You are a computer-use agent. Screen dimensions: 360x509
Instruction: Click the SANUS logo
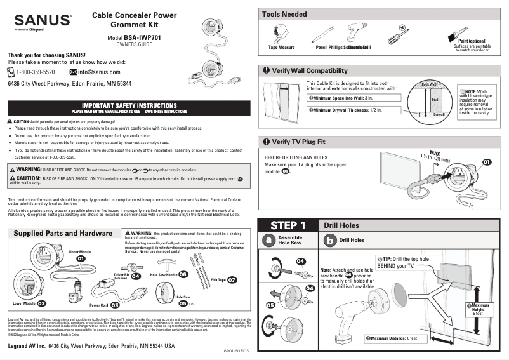(x=39, y=20)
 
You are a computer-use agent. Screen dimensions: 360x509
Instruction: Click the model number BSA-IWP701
(x=142, y=38)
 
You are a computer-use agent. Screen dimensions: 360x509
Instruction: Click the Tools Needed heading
(x=284, y=14)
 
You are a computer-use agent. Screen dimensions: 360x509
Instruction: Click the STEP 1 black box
(x=288, y=225)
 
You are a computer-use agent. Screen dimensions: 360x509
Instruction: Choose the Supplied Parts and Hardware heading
(x=63, y=234)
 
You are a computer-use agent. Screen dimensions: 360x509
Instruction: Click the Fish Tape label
(x=218, y=279)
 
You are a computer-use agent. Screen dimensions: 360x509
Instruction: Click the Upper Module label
(x=81, y=253)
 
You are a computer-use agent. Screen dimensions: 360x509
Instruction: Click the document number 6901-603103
(x=236, y=350)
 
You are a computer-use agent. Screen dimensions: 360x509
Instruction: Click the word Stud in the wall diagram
(x=435, y=100)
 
